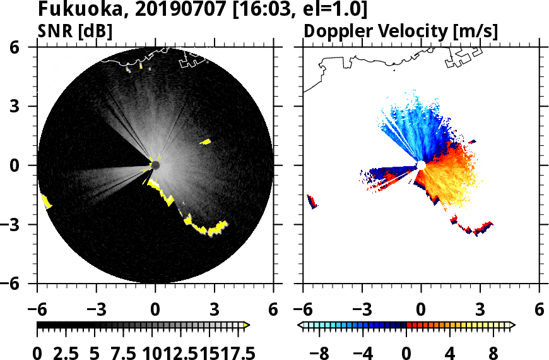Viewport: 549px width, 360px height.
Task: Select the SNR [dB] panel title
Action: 75,31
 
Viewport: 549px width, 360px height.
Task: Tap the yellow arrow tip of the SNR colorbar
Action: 247,325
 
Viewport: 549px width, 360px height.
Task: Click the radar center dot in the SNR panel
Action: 155,165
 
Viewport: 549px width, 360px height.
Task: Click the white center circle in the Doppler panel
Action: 420,165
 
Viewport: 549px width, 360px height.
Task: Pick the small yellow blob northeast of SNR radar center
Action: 206,142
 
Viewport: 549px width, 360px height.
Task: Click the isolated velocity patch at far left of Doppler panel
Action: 312,201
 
